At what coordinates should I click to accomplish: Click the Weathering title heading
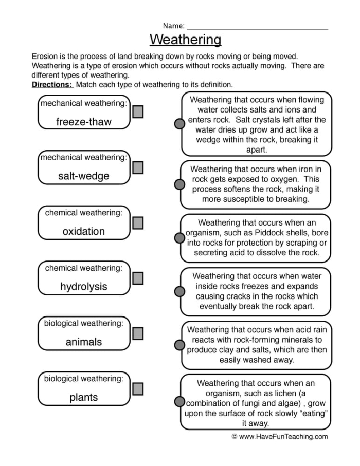point(185,40)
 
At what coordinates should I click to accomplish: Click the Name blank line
point(257,29)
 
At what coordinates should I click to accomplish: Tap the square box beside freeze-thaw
point(138,111)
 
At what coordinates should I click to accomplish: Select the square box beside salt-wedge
point(138,167)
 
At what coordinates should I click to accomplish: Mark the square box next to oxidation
point(138,223)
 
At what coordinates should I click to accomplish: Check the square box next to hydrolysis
point(138,278)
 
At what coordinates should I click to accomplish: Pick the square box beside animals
point(138,333)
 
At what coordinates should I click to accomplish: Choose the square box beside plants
point(138,389)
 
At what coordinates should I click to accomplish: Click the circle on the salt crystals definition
point(179,124)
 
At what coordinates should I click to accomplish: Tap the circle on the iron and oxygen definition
point(179,184)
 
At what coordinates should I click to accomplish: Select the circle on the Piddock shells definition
point(179,237)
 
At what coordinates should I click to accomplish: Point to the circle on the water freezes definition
point(179,291)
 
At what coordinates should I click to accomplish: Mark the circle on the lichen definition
point(179,402)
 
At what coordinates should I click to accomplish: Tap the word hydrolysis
point(84,287)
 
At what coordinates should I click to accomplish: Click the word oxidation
point(84,231)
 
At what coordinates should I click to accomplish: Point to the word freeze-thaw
point(84,122)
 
